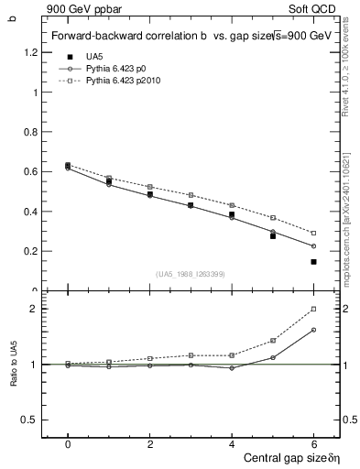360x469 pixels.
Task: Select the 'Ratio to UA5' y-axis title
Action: [14, 377]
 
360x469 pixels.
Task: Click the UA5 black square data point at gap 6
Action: [313, 262]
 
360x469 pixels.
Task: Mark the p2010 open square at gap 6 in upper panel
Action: [313, 233]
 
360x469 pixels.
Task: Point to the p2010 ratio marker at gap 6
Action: [313, 309]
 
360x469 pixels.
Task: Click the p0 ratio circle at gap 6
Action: [313, 330]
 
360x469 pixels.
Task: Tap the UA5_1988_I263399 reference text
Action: [191, 274]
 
